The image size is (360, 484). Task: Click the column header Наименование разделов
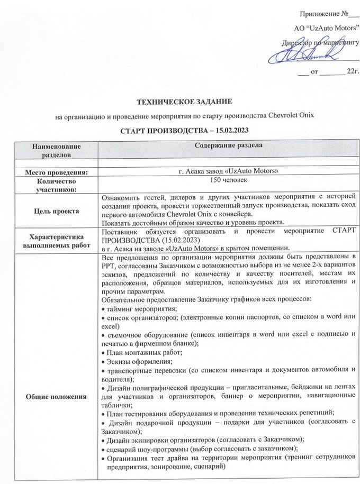click(56, 150)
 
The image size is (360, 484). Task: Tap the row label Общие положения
click(56, 396)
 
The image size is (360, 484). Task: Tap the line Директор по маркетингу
click(322, 39)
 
